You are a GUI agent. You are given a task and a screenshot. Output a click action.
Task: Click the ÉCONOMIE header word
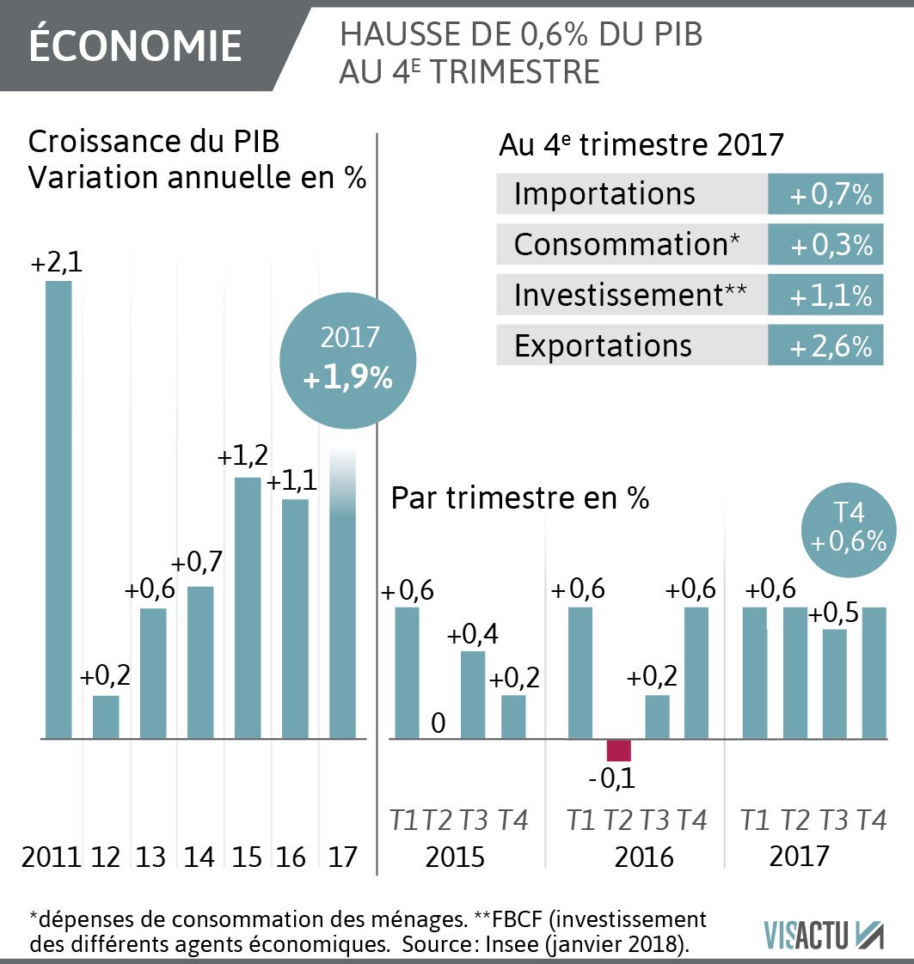pos(135,46)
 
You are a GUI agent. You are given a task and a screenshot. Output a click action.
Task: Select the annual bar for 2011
pos(58,509)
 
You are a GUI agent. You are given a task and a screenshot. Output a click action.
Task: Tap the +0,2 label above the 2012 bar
pos(105,676)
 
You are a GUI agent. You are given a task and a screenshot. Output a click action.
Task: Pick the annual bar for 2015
pos(248,607)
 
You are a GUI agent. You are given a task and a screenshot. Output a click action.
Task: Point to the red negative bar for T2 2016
pos(618,749)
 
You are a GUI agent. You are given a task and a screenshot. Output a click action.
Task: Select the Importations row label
pos(604,194)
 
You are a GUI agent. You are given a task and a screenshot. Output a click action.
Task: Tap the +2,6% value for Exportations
pos(825,346)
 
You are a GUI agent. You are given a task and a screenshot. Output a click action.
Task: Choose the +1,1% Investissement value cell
pos(825,296)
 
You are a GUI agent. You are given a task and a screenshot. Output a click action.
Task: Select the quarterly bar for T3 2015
pos(473,694)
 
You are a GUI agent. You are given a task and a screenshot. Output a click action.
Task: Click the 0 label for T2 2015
pos(438,723)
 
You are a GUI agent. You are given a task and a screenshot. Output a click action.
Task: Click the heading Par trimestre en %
pos(519,498)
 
